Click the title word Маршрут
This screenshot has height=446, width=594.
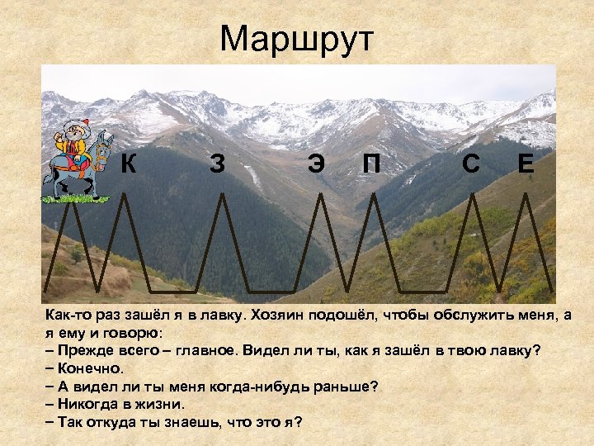(x=297, y=38)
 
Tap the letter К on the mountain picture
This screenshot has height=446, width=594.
(x=129, y=164)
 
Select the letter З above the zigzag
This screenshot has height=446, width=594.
(x=216, y=164)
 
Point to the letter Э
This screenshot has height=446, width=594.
(x=315, y=164)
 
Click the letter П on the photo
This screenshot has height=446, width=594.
(x=371, y=164)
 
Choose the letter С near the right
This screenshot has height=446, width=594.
(x=471, y=164)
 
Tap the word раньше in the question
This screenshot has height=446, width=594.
(x=350, y=386)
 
